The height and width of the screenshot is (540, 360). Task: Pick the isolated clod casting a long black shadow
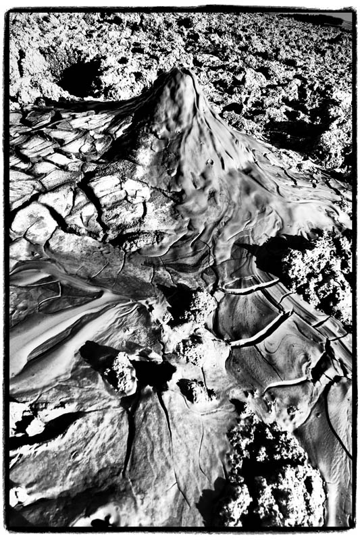[122, 373]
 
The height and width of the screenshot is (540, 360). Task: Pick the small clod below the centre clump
[192, 389]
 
